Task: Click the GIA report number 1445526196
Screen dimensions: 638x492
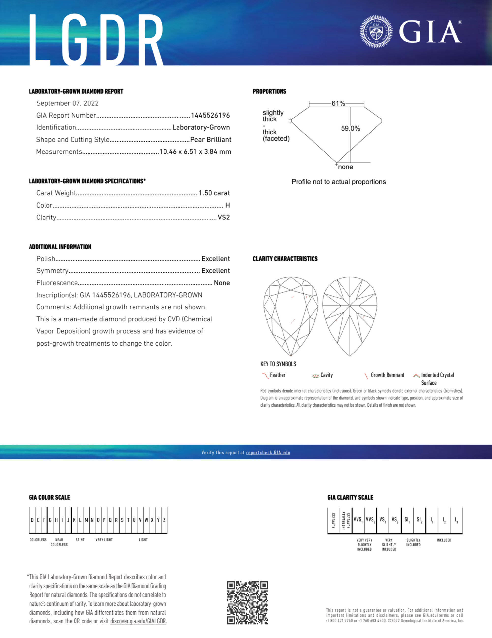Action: [x=210, y=115]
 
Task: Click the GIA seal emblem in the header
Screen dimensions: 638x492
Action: [x=376, y=32]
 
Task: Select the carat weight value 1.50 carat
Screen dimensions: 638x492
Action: [x=214, y=193]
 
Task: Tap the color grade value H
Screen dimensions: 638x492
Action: [x=227, y=205]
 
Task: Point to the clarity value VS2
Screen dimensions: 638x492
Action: [x=224, y=217]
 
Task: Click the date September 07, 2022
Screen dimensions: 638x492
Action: [x=67, y=103]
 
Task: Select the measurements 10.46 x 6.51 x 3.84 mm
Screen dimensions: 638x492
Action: [x=195, y=151]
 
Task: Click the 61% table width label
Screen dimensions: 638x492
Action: [x=338, y=103]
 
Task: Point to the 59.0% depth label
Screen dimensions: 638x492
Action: [x=351, y=129]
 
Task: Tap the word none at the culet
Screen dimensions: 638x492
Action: [x=346, y=167]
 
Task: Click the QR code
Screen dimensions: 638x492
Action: [x=247, y=603]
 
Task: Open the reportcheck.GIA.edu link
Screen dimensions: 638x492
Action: [x=268, y=453]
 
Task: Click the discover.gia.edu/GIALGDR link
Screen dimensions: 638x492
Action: [x=138, y=621]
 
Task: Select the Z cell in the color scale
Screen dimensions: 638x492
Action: [x=164, y=520]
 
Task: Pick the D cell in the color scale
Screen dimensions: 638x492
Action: [x=32, y=520]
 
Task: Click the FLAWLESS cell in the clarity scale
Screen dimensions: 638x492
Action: [x=333, y=520]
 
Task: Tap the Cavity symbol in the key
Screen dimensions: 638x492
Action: [x=315, y=376]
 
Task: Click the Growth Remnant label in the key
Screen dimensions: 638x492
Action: [x=387, y=375]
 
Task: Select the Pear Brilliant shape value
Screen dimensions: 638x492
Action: [x=210, y=140]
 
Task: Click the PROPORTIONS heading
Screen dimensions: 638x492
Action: [x=269, y=91]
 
